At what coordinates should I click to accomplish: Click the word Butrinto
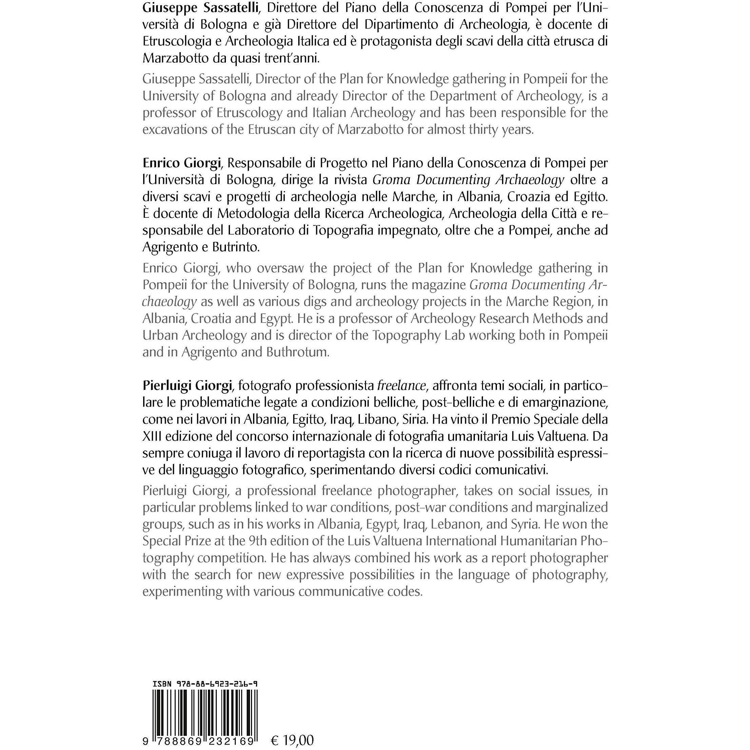coord(236,247)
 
